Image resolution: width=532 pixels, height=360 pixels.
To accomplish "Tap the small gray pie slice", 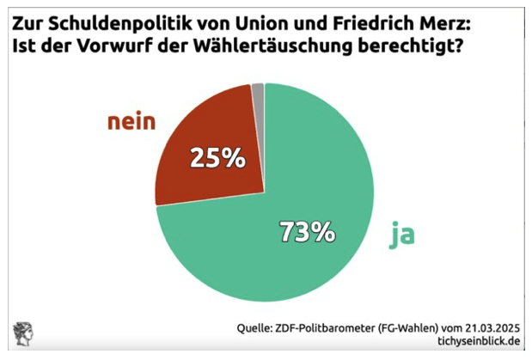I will pos(258,88).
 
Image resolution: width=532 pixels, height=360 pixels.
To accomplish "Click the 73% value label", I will pos(306,231).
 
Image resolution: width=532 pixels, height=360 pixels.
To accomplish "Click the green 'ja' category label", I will pos(401,235).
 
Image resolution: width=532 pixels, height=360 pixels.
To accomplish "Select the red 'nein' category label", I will pos(131,122).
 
